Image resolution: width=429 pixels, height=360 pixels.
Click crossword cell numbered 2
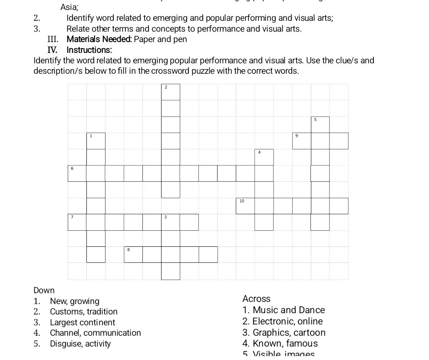click(x=170, y=92)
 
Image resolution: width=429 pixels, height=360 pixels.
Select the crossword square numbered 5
click(x=320, y=124)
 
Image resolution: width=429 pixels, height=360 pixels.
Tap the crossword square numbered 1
click(x=96, y=141)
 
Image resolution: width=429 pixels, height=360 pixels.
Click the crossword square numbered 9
click(x=301, y=141)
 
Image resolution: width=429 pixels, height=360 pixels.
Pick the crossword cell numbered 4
click(x=264, y=157)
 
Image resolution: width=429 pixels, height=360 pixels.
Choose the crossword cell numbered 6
click(x=77, y=173)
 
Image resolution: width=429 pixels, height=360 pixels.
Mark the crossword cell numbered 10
click(x=245, y=206)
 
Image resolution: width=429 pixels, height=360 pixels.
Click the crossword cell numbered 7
click(x=77, y=222)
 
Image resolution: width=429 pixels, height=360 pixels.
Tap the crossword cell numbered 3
click(x=170, y=222)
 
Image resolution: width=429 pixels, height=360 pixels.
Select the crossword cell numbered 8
click(x=133, y=255)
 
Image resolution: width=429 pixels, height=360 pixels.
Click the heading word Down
click(x=44, y=290)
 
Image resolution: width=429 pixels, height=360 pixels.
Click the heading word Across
click(x=256, y=299)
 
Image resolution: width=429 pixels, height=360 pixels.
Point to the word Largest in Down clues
click(x=64, y=322)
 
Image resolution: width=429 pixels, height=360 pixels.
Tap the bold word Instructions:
click(x=89, y=50)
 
